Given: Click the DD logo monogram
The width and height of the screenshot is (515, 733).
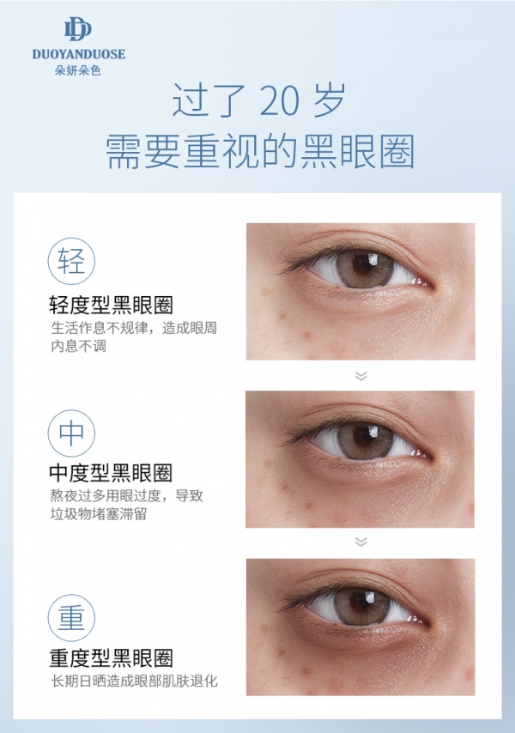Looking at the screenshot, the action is (x=77, y=29).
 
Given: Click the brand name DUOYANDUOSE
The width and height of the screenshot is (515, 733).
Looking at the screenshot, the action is (x=78, y=54).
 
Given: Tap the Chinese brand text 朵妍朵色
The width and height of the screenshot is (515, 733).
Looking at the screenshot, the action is (x=78, y=70).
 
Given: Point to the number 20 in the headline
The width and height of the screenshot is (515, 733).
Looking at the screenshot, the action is (x=279, y=100).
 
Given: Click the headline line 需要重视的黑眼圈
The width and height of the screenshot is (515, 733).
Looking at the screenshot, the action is (x=260, y=151).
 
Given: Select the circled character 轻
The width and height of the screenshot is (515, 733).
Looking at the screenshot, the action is (x=71, y=261).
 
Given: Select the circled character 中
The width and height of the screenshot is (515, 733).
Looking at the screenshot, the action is (x=71, y=433).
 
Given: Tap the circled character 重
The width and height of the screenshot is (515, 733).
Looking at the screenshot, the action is (x=71, y=617).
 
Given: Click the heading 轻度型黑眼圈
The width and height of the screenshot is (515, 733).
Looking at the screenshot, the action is (x=111, y=306).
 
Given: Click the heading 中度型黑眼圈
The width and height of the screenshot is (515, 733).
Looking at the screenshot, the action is (x=111, y=473).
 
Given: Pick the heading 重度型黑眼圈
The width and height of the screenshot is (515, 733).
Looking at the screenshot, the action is (x=111, y=657).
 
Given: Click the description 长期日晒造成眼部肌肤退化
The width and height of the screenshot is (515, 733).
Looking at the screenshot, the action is (x=134, y=681).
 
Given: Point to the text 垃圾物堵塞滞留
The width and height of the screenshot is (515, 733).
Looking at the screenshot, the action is (x=99, y=514).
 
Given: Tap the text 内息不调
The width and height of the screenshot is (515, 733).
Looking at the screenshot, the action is (x=78, y=347).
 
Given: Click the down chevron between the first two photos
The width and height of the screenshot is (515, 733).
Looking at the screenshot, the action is (x=360, y=376).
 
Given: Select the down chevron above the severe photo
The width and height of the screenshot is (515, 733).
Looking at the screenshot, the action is (x=360, y=542).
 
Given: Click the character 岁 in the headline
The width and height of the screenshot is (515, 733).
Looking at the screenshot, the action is (x=330, y=100).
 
